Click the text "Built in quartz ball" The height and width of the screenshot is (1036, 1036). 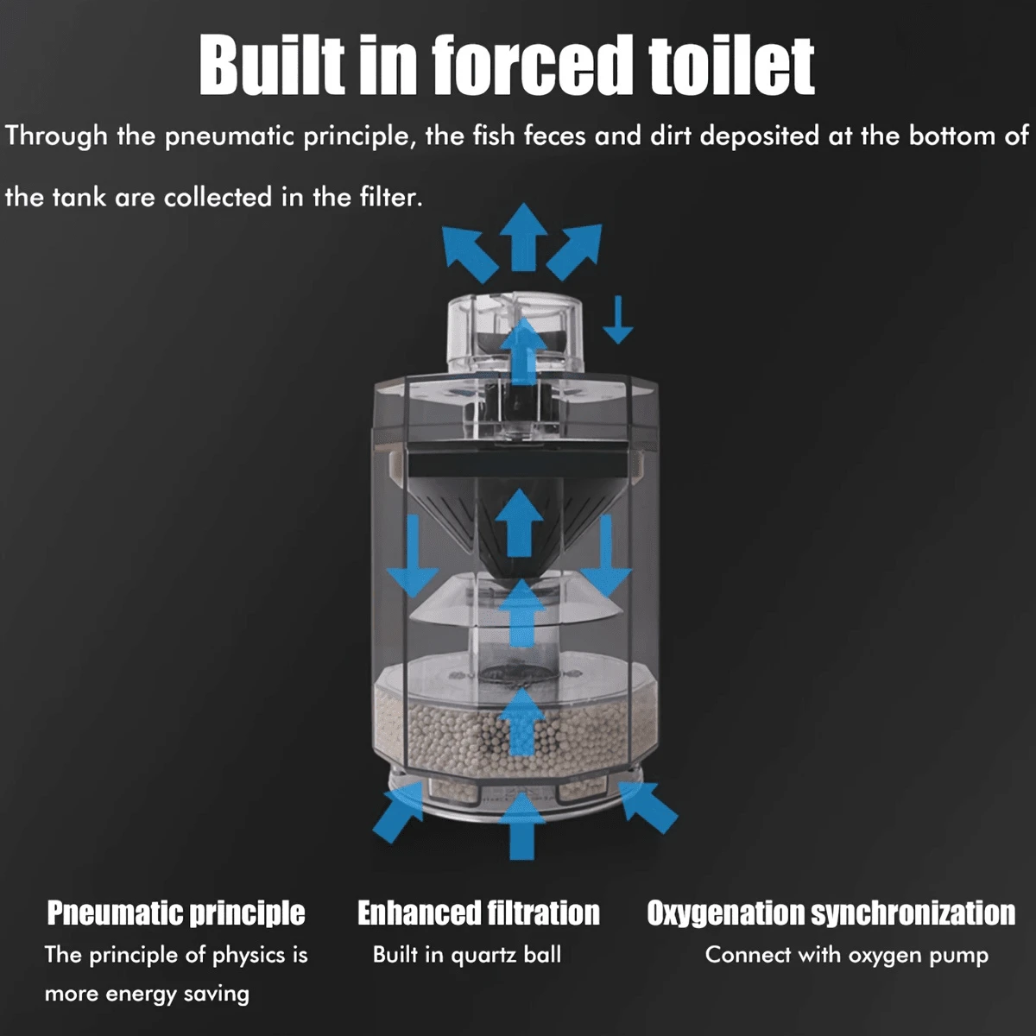pyautogui.click(x=467, y=956)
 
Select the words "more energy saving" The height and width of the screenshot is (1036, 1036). pyautogui.click(x=147, y=995)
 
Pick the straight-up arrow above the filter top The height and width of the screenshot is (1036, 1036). pyautogui.click(x=522, y=237)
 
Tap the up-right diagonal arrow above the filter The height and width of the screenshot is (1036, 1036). pyautogui.click(x=574, y=252)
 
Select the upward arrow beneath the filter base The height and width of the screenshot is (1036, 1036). pyautogui.click(x=521, y=826)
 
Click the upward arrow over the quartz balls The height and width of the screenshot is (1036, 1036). pyautogui.click(x=521, y=722)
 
